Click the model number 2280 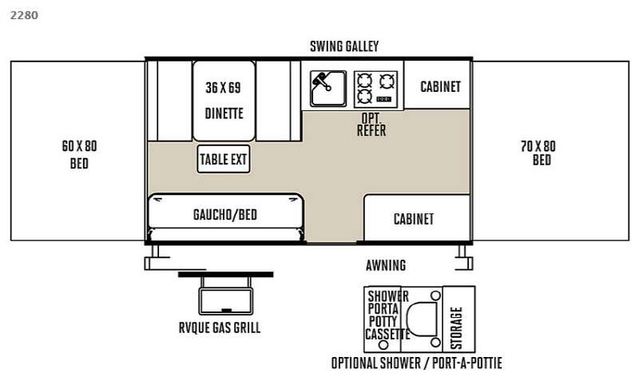tap(24, 15)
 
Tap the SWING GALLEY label tap(344, 46)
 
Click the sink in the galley tap(328, 89)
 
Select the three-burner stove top tap(375, 89)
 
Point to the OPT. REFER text tap(371, 125)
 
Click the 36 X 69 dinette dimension tap(223, 87)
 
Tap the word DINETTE tap(224, 113)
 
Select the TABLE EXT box tap(224, 159)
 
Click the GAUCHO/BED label tap(225, 214)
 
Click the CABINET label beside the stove tap(441, 86)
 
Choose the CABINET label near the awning tap(414, 219)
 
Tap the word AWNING tap(386, 265)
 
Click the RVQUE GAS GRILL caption tap(220, 327)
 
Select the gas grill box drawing tap(226, 301)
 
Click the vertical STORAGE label tap(456, 328)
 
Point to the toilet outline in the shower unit tap(423, 319)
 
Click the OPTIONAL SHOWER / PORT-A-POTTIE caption tap(416, 363)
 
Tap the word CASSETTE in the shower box tap(387, 335)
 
